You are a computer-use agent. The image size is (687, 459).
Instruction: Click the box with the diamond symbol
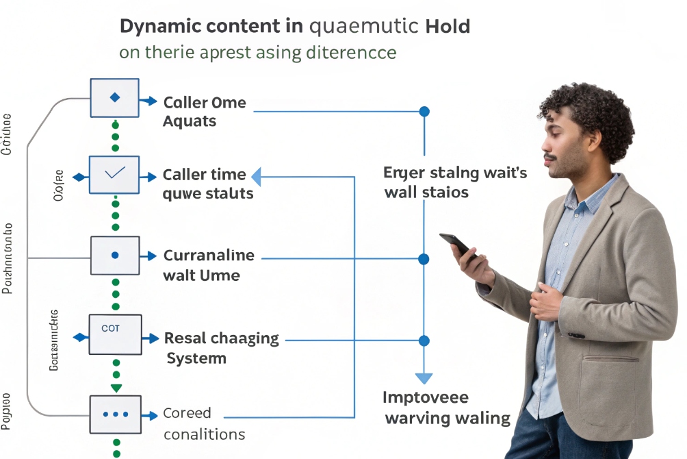(x=114, y=98)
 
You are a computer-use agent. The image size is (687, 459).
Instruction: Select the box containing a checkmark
(x=114, y=175)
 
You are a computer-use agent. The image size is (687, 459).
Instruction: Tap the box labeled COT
(x=115, y=334)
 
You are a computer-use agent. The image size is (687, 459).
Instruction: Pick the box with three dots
(x=115, y=414)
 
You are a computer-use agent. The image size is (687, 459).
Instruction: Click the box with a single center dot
(x=115, y=256)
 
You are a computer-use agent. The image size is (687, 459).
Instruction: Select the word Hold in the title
(x=448, y=27)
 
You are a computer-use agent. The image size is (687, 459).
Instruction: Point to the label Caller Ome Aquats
(x=204, y=112)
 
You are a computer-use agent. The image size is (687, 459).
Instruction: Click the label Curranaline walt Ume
(x=209, y=265)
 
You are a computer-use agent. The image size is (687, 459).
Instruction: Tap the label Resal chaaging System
(x=220, y=347)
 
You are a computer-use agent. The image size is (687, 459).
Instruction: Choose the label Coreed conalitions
(x=203, y=423)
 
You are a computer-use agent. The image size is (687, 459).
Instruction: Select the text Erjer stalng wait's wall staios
(x=454, y=182)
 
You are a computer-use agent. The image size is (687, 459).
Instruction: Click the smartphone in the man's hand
(x=456, y=245)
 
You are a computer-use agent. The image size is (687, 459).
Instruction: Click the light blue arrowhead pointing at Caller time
(x=257, y=177)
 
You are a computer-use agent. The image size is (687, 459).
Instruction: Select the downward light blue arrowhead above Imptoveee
(x=424, y=378)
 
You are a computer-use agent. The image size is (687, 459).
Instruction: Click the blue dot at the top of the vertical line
(x=424, y=111)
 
